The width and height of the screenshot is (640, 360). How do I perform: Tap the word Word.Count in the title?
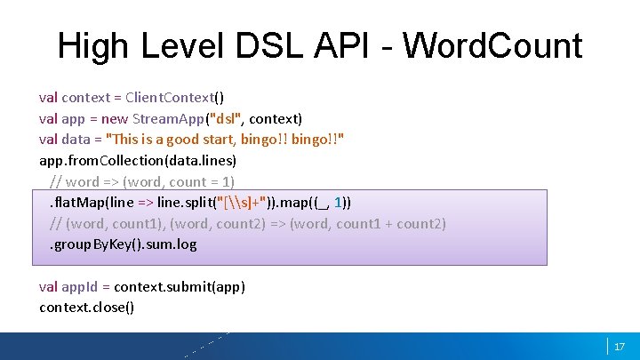(x=493, y=44)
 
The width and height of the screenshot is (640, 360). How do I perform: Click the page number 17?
(x=620, y=346)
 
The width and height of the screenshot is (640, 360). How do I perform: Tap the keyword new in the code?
(x=113, y=118)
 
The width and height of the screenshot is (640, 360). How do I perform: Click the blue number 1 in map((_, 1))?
(x=342, y=202)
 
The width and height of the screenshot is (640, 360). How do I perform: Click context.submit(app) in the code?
(x=181, y=286)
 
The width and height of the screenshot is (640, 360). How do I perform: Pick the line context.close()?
(x=87, y=308)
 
